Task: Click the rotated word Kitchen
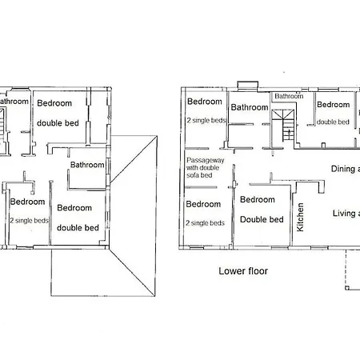(x=301, y=217)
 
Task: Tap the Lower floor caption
(x=243, y=271)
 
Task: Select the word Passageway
(x=204, y=160)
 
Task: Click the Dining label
(x=345, y=168)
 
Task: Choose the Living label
(x=345, y=213)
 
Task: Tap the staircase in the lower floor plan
(x=283, y=126)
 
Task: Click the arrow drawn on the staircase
(x=283, y=129)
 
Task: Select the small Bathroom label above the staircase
(x=289, y=97)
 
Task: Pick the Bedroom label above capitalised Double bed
(x=258, y=200)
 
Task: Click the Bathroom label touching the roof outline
(x=87, y=165)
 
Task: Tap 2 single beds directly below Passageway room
(x=206, y=222)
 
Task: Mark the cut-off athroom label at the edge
(x=14, y=102)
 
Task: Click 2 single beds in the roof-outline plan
(x=29, y=220)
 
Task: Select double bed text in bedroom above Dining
(x=332, y=122)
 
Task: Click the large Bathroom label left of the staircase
(x=250, y=107)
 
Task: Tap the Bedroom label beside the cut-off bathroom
(x=54, y=103)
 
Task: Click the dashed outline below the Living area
(x=350, y=272)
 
